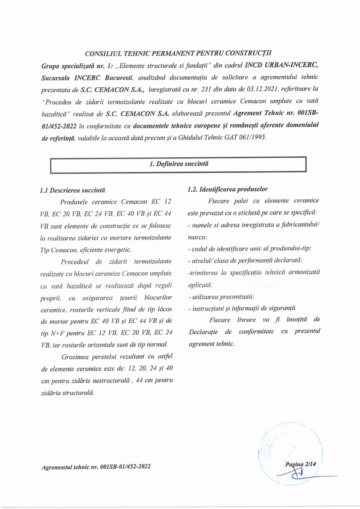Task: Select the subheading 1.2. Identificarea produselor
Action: [227, 189]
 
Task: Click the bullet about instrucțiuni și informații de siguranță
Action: [242, 309]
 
